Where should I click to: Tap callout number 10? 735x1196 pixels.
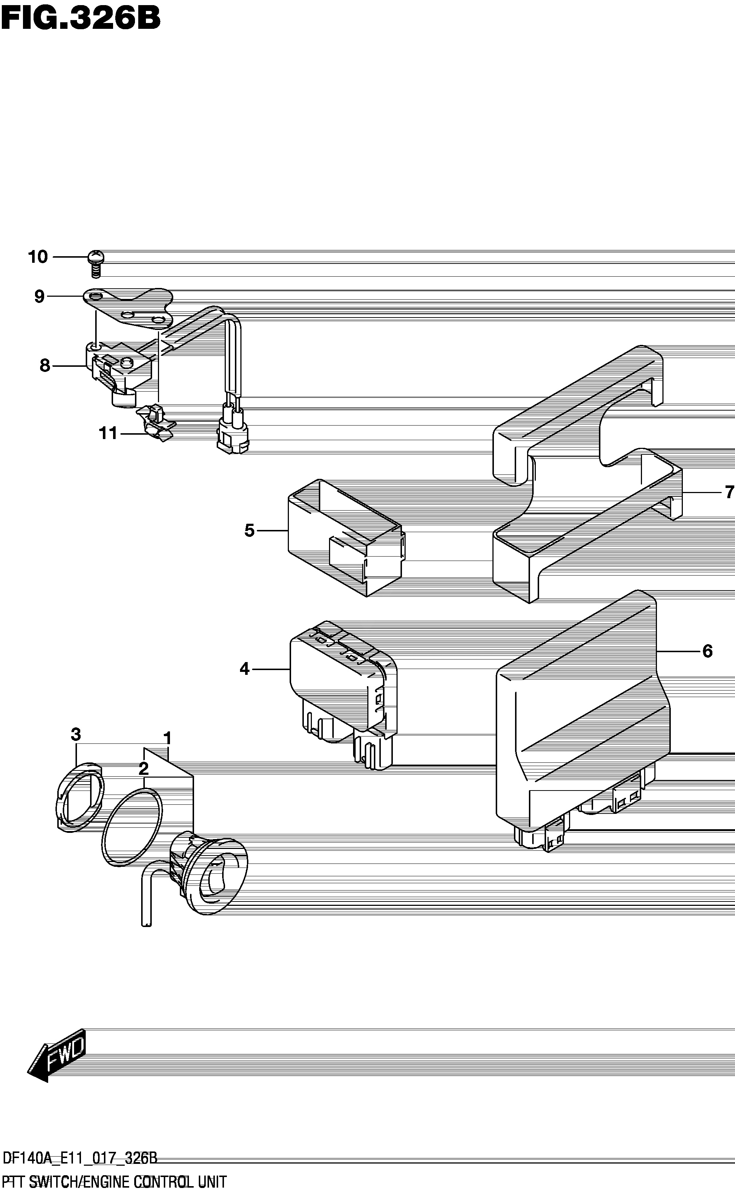click(38, 257)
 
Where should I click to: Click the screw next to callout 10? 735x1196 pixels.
click(95, 263)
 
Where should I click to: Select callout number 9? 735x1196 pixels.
click(39, 296)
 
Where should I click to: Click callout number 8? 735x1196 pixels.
click(45, 365)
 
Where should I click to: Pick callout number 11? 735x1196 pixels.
click(108, 433)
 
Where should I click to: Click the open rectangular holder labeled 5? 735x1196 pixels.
click(346, 538)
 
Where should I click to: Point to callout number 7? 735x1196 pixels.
click(729, 493)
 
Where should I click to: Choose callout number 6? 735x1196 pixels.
click(707, 651)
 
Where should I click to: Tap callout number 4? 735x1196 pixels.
click(244, 669)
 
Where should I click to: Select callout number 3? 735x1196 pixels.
click(76, 734)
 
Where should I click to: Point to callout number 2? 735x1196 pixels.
click(143, 769)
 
